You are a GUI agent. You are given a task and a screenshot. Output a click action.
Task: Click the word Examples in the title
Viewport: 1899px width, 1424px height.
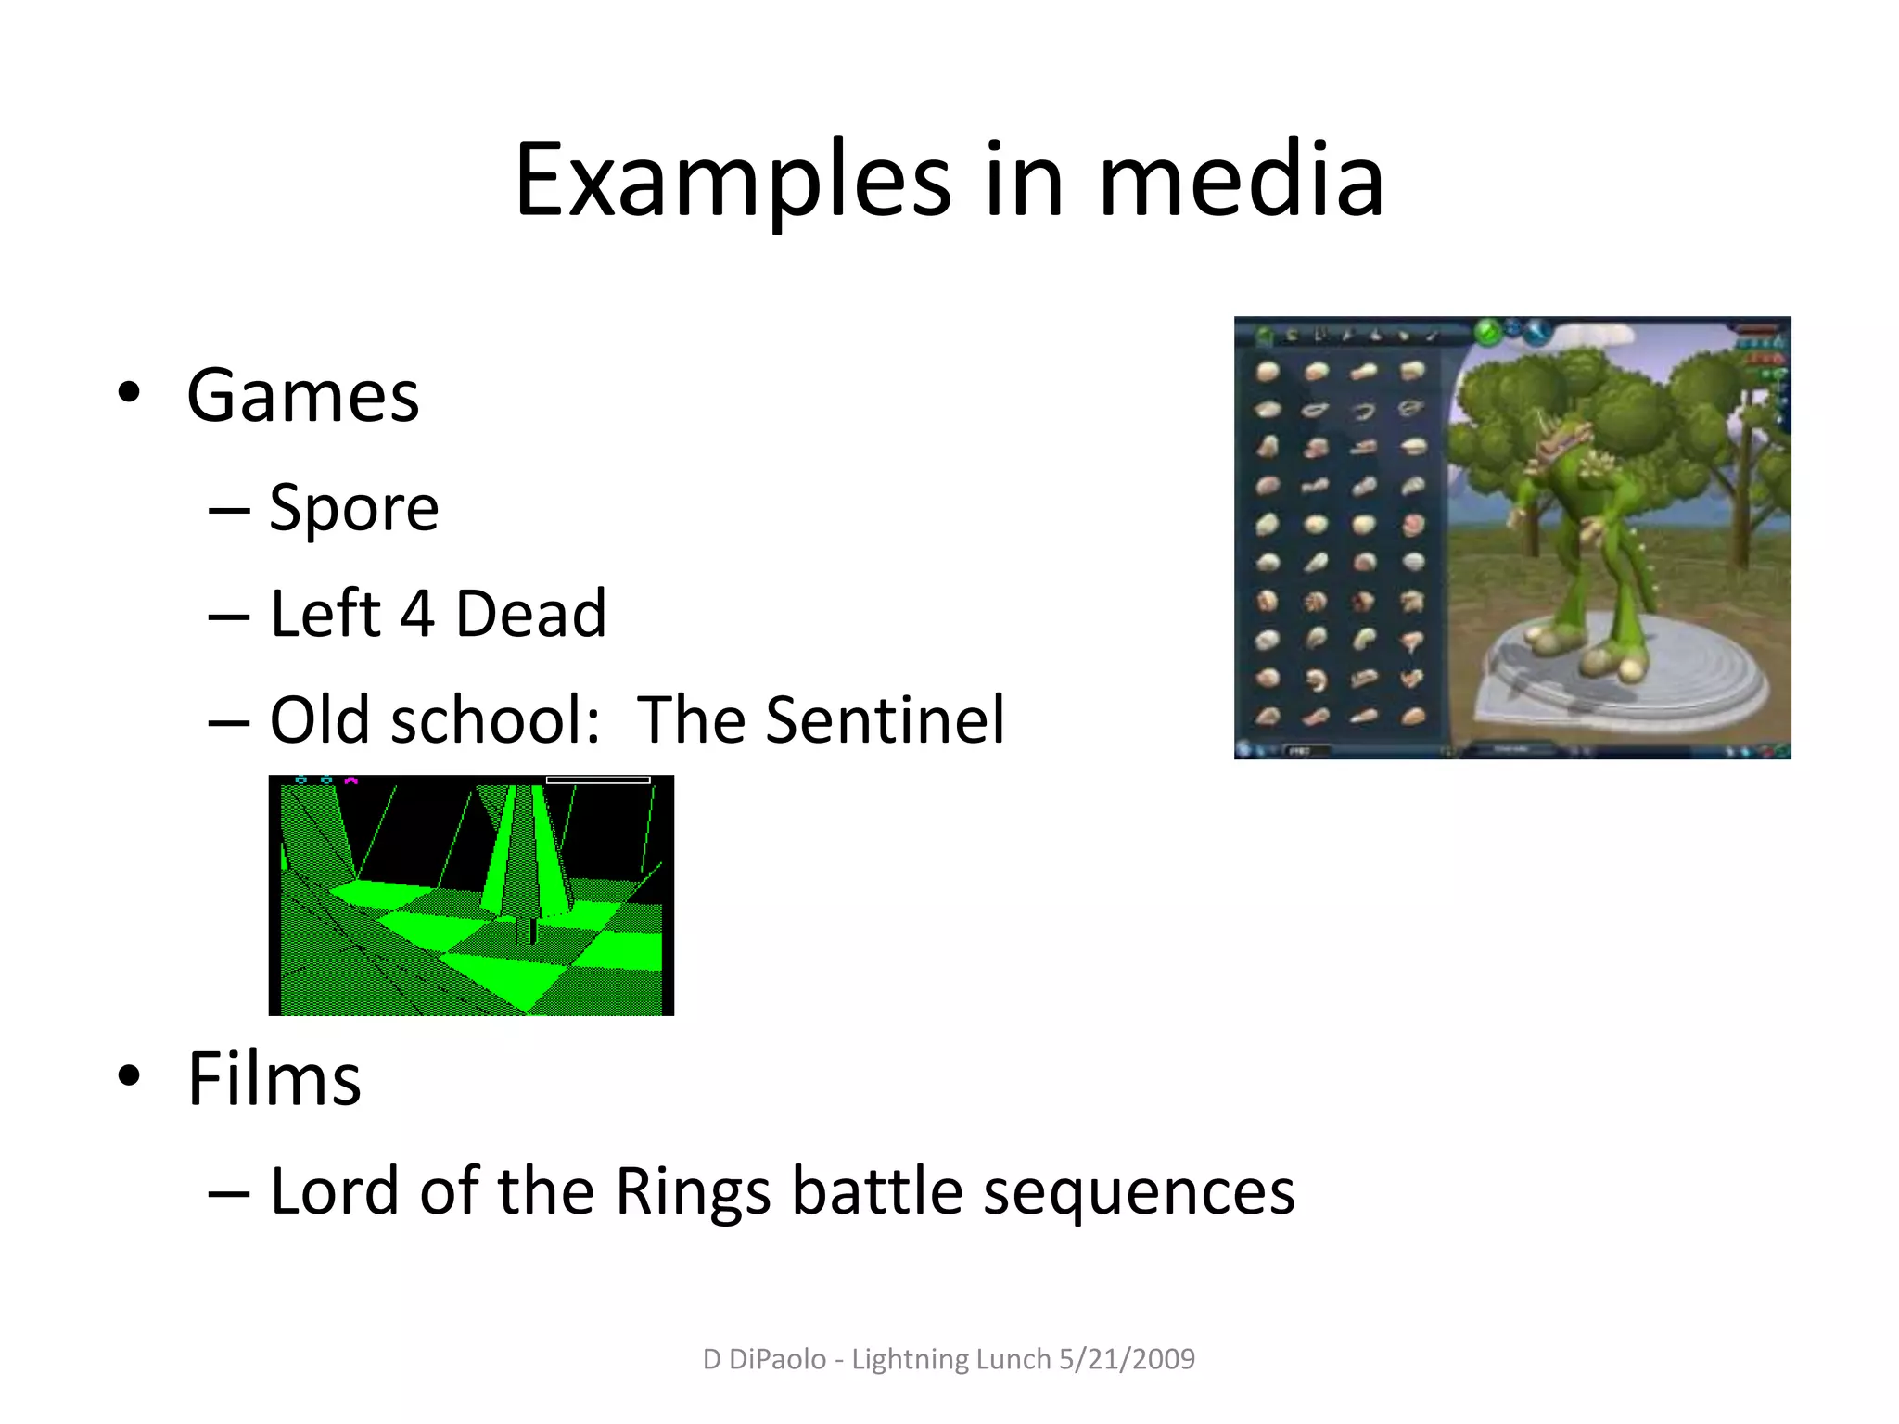tap(733, 181)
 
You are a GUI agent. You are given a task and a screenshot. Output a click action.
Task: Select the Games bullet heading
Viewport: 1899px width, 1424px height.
tap(302, 397)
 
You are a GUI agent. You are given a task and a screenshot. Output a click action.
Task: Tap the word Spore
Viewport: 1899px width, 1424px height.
tap(353, 508)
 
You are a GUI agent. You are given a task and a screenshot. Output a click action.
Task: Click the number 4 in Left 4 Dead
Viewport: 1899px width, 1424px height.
tap(417, 615)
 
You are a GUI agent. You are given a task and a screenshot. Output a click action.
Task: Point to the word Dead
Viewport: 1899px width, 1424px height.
tap(530, 615)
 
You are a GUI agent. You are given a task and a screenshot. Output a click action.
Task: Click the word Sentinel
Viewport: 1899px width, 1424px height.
tap(885, 720)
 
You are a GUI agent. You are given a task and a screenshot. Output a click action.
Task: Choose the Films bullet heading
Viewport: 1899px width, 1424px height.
tap(274, 1080)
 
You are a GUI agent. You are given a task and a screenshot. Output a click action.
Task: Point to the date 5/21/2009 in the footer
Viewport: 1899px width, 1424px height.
tap(1127, 1359)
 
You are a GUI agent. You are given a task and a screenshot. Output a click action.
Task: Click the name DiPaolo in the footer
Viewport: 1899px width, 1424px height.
tap(777, 1359)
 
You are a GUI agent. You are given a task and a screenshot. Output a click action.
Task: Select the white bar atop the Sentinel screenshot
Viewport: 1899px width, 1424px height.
tap(598, 781)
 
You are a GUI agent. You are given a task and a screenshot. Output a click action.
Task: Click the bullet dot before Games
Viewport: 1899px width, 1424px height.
tap(129, 393)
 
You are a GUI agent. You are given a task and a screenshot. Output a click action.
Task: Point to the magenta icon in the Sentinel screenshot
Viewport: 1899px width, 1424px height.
tap(350, 782)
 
